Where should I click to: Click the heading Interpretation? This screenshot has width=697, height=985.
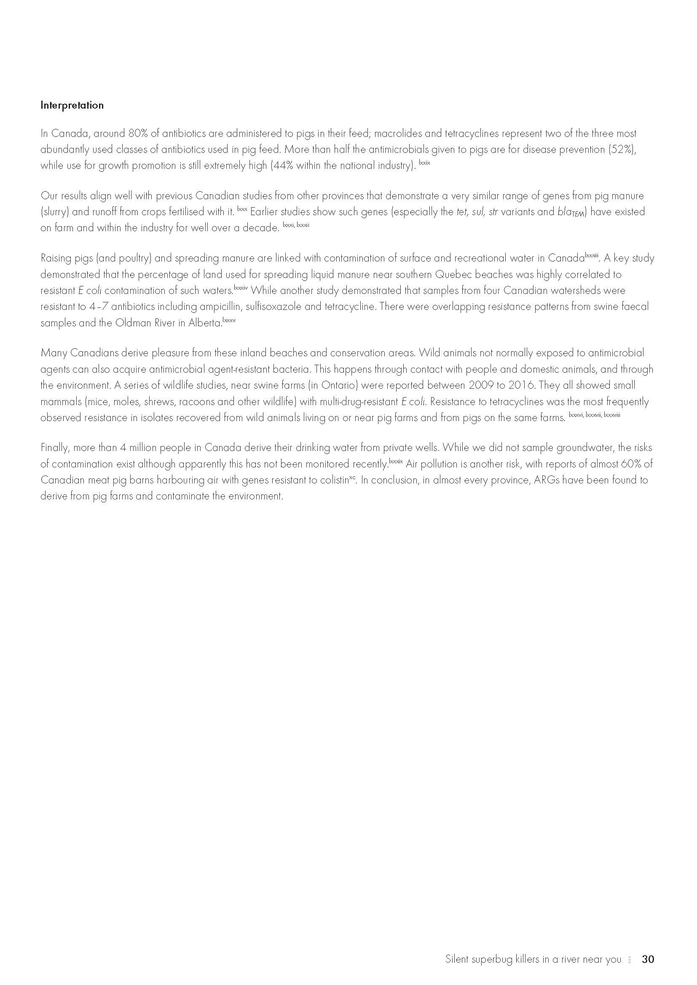(72, 105)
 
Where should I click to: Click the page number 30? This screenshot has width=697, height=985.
(648, 959)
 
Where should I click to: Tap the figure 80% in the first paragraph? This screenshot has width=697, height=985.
(138, 133)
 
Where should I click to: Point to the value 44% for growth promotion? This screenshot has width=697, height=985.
(282, 166)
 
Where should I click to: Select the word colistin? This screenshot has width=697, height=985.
(333, 480)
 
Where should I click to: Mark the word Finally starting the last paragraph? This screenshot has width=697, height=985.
(54, 448)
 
